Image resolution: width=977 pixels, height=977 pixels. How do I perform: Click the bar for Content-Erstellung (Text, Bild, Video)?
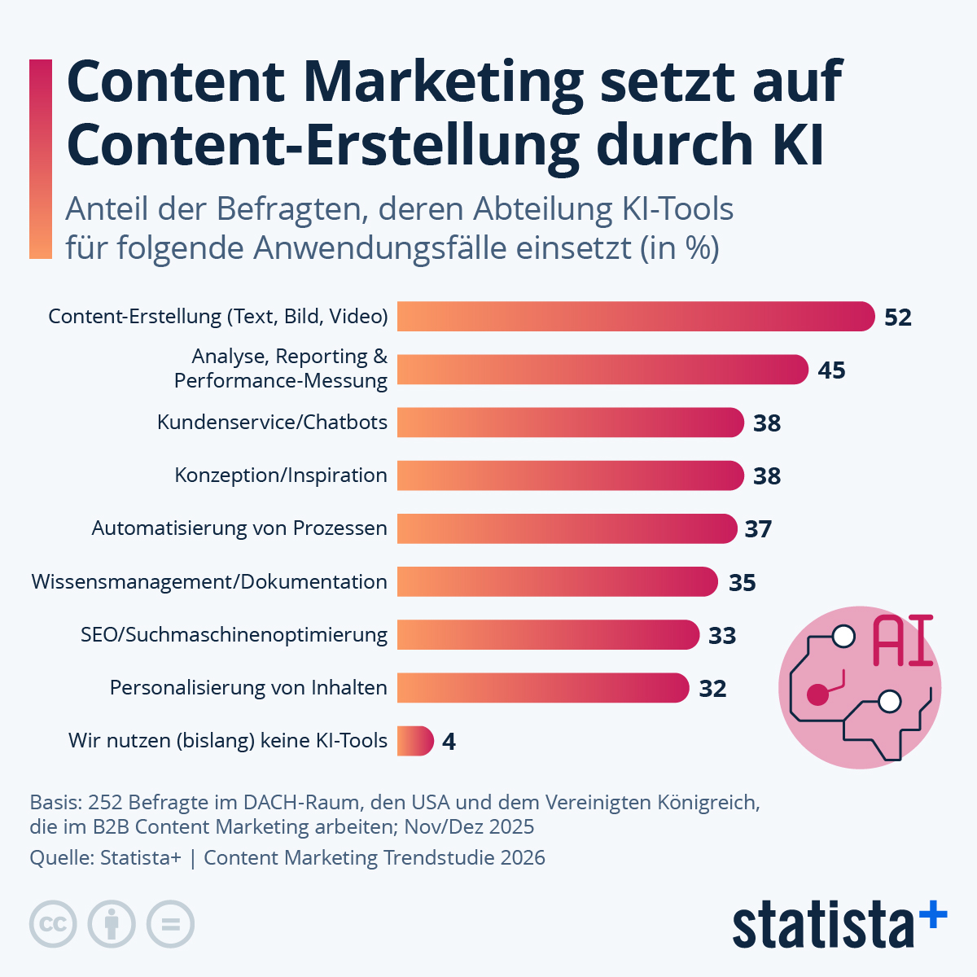click(635, 316)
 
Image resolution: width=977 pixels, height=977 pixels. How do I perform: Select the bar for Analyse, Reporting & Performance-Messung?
click(602, 370)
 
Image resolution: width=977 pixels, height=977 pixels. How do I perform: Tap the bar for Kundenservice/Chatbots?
click(570, 423)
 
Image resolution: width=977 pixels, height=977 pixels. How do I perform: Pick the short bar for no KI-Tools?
click(415, 741)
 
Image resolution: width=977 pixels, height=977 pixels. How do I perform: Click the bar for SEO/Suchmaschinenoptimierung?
click(548, 635)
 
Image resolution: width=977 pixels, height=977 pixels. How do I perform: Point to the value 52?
click(898, 318)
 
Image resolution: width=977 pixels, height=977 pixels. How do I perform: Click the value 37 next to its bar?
click(758, 529)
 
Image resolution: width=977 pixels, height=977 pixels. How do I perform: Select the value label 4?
click(449, 742)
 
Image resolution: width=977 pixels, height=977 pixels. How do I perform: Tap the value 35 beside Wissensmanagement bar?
click(742, 583)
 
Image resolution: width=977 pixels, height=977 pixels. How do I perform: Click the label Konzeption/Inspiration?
click(281, 475)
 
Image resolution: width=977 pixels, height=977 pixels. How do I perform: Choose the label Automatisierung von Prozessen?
click(239, 528)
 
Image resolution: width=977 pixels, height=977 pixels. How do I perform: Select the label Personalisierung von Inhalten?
click(248, 688)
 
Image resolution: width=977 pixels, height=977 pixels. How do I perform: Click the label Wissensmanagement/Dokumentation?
click(209, 582)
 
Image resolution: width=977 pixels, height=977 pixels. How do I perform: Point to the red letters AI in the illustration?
click(902, 642)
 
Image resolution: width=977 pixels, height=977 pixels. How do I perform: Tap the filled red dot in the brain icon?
click(817, 694)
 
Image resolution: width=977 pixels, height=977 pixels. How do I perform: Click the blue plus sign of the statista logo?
click(933, 915)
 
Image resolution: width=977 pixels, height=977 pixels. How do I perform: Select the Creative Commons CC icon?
click(53, 924)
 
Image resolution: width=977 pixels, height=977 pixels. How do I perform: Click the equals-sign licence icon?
click(170, 924)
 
